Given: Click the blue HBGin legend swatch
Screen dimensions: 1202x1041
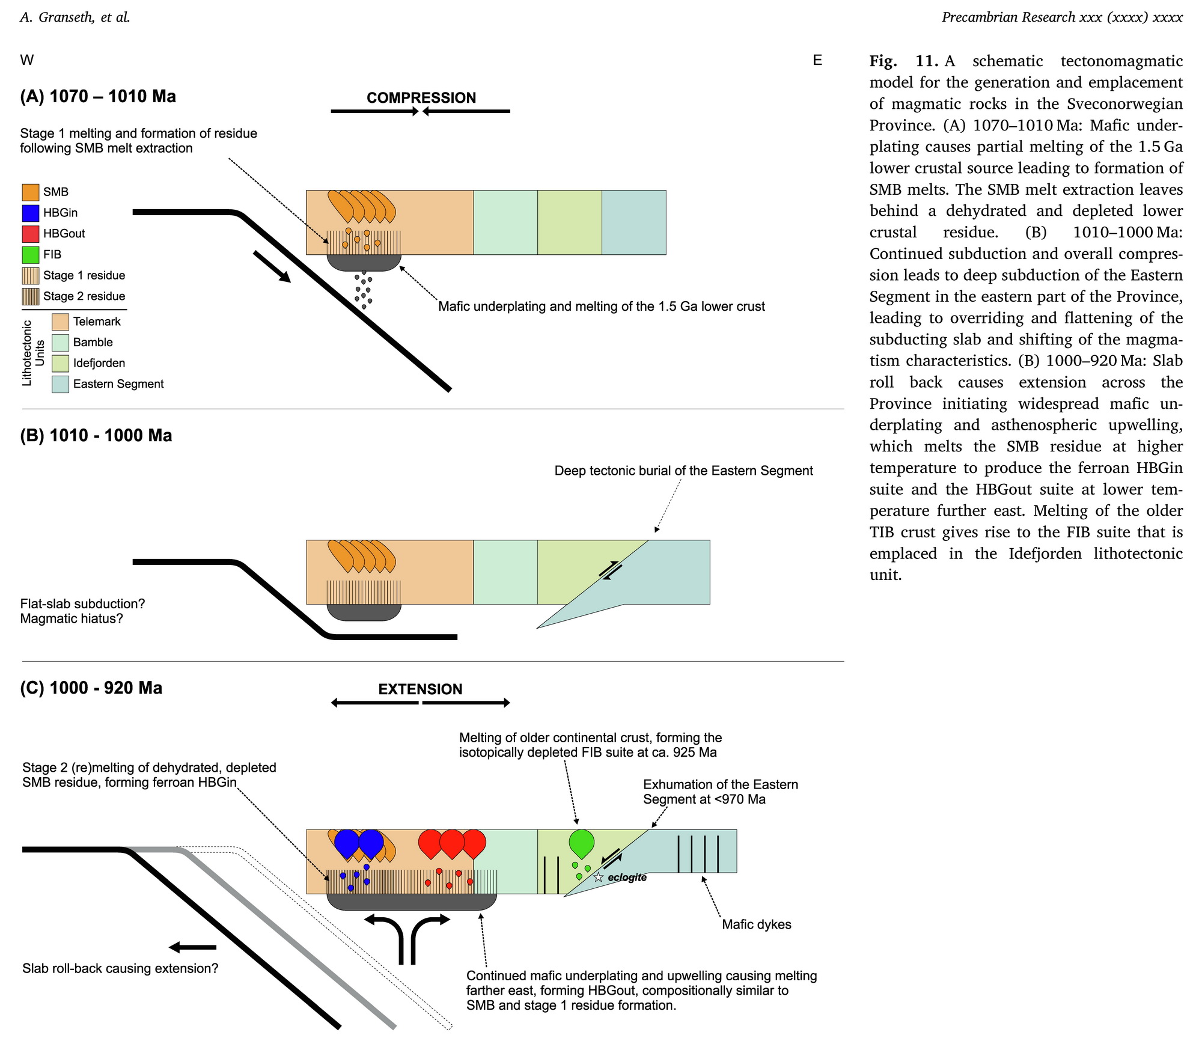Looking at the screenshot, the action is tap(31, 213).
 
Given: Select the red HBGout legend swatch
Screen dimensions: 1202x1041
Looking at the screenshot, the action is tap(31, 234).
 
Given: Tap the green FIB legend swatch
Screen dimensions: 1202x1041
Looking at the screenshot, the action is tap(31, 255).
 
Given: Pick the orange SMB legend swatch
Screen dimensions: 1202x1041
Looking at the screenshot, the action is tap(31, 192).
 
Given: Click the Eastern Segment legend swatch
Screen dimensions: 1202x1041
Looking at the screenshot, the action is tap(60, 384).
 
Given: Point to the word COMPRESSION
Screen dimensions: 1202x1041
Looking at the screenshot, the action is tap(421, 98).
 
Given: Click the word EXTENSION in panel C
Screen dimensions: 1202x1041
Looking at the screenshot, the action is tap(420, 689).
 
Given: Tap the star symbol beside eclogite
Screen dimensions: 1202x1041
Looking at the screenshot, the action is tap(598, 878).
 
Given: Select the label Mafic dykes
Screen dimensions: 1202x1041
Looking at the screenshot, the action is tap(756, 924).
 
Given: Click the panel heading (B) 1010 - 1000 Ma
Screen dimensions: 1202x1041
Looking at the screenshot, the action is tap(96, 435).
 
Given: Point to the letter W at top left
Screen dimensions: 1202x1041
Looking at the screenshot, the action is tap(27, 60).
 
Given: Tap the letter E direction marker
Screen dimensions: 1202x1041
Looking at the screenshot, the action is tap(817, 60).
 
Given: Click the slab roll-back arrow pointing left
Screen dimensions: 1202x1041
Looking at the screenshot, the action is tap(192, 947).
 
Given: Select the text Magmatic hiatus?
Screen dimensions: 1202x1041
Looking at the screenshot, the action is tap(72, 618).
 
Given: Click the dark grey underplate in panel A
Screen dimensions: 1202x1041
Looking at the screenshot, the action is tap(364, 262).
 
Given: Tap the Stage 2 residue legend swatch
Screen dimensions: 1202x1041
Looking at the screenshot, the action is tap(31, 296).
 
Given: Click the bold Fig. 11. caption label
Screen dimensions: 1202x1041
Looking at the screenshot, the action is tap(904, 61).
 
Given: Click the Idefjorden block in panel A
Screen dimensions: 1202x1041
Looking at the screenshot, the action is tap(570, 222).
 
